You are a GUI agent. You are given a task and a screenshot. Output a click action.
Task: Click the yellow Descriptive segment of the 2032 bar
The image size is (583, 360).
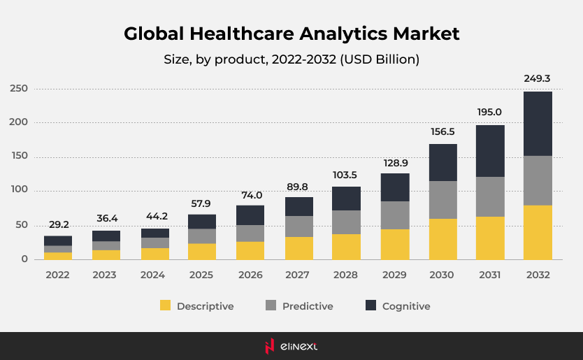[x=538, y=232]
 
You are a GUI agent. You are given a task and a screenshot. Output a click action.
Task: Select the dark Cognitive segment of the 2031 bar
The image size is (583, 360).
[x=490, y=151]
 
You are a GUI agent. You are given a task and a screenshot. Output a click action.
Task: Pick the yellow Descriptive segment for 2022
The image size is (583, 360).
[x=58, y=256]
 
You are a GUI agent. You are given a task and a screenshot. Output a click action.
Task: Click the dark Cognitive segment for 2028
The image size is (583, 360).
[x=347, y=199]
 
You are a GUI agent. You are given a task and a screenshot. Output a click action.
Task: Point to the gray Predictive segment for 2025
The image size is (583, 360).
[x=202, y=236]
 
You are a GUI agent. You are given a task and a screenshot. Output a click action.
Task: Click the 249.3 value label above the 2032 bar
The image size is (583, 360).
[x=538, y=78]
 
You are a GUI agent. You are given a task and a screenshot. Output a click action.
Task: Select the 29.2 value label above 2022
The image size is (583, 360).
[x=58, y=224]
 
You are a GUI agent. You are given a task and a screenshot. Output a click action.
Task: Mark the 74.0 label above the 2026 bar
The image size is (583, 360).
[x=250, y=195]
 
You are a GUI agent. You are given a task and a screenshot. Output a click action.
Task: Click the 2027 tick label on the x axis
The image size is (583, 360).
[x=298, y=275]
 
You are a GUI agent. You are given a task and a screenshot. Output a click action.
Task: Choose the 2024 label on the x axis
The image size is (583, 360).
[x=154, y=275]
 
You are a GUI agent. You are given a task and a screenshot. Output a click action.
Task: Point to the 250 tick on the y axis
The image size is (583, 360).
[x=19, y=89]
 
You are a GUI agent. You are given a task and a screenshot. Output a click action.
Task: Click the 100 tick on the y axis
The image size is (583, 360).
[x=19, y=190]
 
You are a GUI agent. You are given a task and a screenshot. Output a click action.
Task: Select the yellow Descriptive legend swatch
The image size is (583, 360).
[x=166, y=305]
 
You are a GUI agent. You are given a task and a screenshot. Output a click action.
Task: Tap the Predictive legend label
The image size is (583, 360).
[x=308, y=306]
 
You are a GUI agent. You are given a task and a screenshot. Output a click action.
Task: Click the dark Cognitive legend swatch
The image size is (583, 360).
[x=370, y=305]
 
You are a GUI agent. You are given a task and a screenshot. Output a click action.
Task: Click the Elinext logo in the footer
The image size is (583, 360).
[x=291, y=346]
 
